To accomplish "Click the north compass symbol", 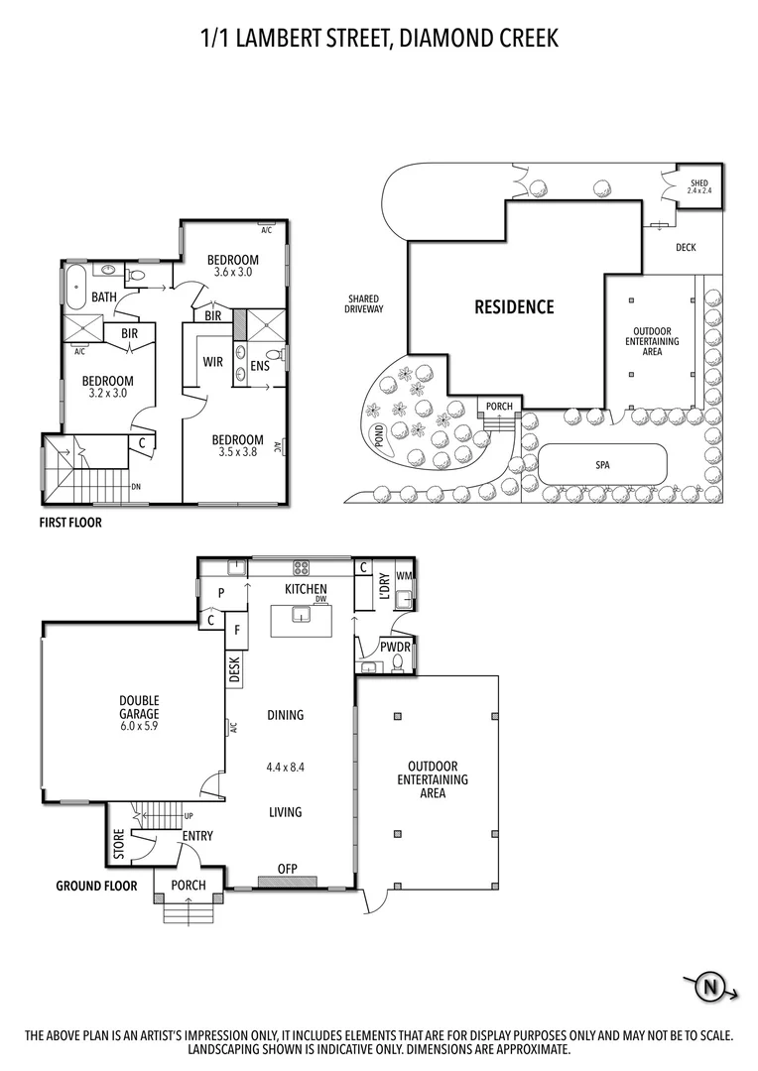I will (x=710, y=987).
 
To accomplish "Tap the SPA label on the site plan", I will (x=602, y=464).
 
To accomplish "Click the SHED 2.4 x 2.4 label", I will (x=700, y=185).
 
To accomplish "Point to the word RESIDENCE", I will (x=514, y=306).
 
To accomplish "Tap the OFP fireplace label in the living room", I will (x=288, y=869).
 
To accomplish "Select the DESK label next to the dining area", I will (x=235, y=672).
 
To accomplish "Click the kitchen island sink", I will (x=299, y=616).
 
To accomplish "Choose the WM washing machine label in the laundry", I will (x=404, y=576).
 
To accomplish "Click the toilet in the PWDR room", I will (x=399, y=661).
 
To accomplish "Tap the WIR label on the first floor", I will (x=212, y=362).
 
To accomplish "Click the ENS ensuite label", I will (x=260, y=366).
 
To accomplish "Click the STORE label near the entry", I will (x=119, y=845).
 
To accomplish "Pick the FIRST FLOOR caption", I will (x=70, y=522).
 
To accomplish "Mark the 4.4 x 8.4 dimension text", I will (x=285, y=767).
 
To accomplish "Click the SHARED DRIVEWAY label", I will (x=365, y=303).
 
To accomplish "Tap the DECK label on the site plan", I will (x=686, y=247).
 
